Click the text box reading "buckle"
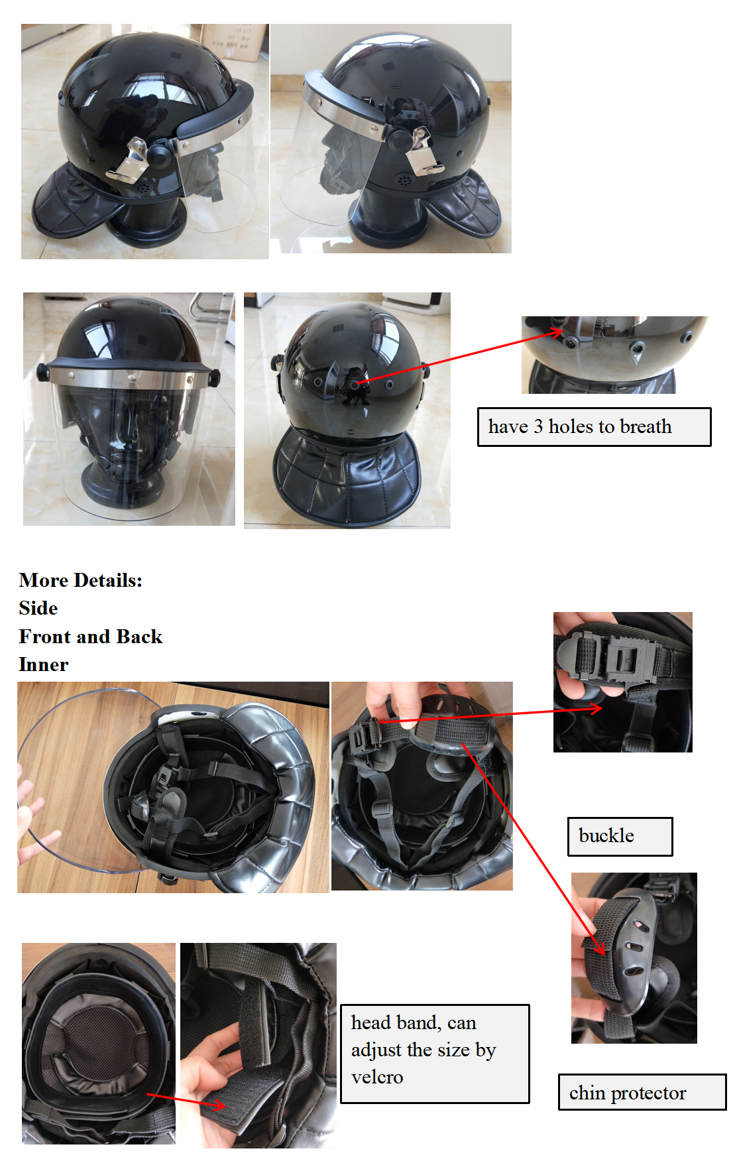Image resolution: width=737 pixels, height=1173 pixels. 620,836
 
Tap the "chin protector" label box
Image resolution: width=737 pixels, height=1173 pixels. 642,1092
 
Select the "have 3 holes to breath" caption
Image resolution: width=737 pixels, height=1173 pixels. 594,427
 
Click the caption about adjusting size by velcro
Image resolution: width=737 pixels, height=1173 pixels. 435,1054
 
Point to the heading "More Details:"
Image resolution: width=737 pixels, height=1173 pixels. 81,580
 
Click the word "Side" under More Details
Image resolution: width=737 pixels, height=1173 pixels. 38,608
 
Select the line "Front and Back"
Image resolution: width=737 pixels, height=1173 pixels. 91,637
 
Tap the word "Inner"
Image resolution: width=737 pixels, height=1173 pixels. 44,664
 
